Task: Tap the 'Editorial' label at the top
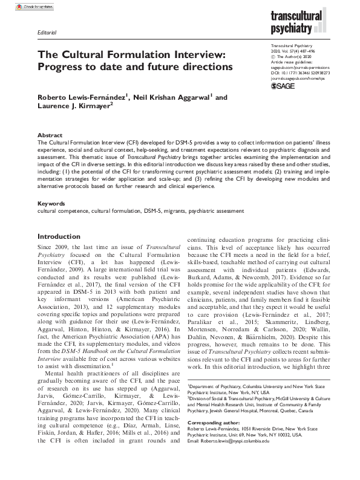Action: (47, 32)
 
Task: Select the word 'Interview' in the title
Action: (197, 53)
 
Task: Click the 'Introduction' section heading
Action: (63, 236)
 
